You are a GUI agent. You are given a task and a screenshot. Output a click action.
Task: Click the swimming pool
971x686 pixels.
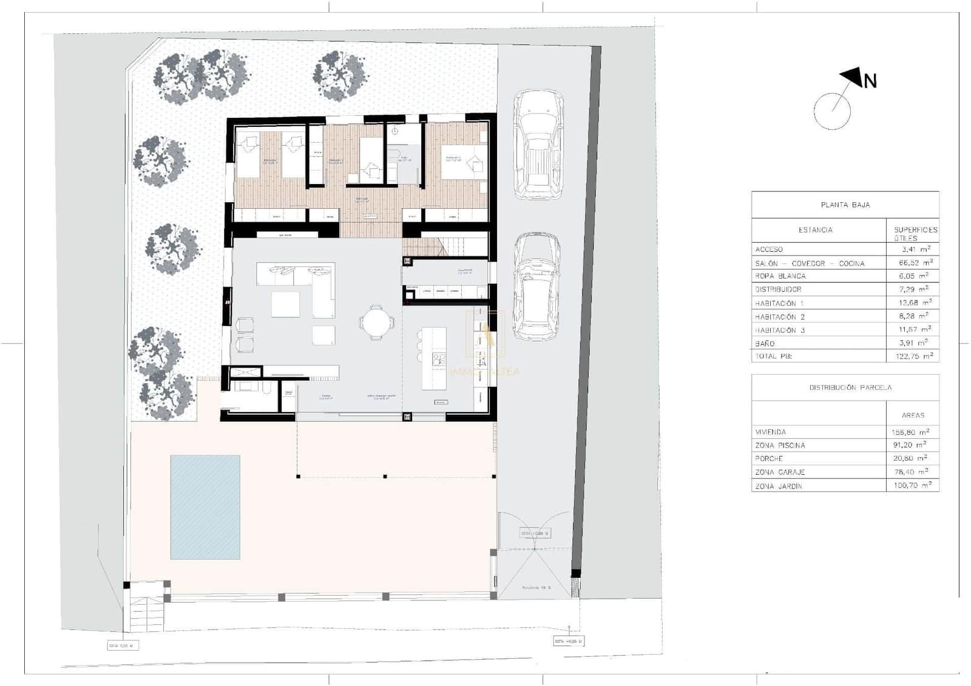coord(205,507)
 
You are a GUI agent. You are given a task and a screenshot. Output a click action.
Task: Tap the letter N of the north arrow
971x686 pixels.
coord(870,81)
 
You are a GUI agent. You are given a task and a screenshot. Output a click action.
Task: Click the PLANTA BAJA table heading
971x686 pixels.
coord(845,205)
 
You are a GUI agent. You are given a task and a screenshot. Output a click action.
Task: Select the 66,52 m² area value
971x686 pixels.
coord(915,263)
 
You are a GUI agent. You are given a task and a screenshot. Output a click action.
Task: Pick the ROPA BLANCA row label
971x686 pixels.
coord(780,276)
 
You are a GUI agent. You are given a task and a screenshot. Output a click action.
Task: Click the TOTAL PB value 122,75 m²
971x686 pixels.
coord(915,356)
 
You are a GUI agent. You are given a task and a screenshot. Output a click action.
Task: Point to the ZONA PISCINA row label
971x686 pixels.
coord(780,446)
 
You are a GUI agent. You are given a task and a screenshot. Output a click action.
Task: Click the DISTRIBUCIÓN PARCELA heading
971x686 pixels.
coord(850,387)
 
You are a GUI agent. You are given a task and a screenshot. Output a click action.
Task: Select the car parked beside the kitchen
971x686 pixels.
coord(536,287)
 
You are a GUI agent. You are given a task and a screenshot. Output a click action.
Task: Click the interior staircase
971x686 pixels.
coord(446,246)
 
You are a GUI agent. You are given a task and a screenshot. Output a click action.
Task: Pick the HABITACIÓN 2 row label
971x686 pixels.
coord(779,317)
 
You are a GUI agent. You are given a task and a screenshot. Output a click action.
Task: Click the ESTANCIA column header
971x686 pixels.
coord(815,230)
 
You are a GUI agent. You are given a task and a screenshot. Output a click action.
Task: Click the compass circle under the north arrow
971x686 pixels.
coord(832,111)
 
